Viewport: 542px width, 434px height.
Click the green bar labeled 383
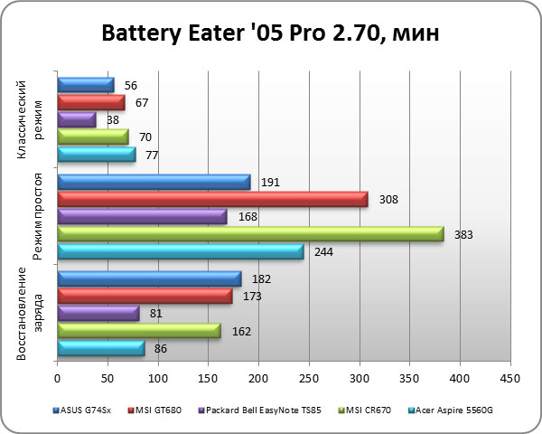tap(250, 234)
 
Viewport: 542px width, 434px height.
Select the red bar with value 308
tap(212, 200)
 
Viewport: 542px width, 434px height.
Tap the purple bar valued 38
tap(76, 119)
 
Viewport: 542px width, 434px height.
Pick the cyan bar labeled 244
tap(181, 251)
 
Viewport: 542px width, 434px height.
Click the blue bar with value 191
tap(154, 183)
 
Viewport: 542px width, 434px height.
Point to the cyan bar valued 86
tap(101, 348)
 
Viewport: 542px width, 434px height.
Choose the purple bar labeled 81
tap(98, 314)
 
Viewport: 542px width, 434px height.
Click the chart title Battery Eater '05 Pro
tap(271, 35)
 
